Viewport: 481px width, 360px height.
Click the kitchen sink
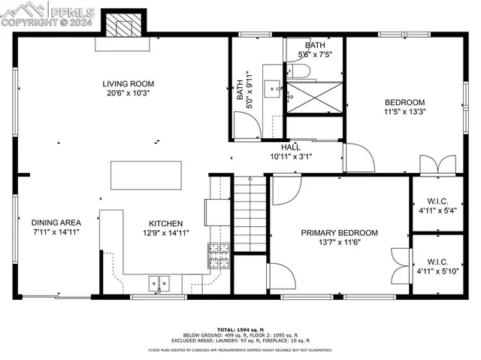pos(159,283)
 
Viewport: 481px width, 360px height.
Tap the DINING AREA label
pos(56,222)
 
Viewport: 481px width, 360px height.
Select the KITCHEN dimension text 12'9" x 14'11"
pos(165,232)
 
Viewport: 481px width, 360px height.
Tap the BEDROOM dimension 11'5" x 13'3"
pos(405,112)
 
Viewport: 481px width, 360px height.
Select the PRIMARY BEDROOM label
pos(339,233)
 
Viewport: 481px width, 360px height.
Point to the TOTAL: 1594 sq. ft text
pos(240,329)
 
